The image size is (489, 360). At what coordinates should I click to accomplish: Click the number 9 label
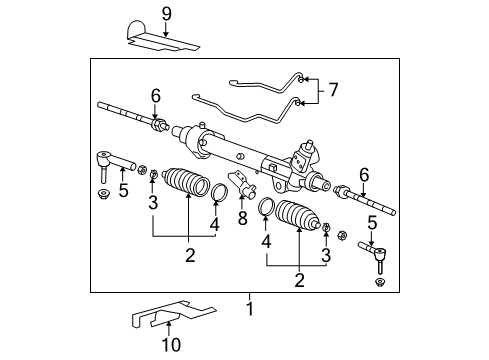point(167,14)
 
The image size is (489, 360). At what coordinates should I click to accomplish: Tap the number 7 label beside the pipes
point(333,91)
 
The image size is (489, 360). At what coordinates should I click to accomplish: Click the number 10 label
point(168,343)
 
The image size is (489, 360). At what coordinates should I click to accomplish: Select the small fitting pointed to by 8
point(243,185)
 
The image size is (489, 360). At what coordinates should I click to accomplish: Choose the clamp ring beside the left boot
point(218,192)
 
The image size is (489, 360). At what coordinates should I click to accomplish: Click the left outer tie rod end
point(107,160)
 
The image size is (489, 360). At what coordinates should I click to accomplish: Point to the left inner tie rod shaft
point(125,112)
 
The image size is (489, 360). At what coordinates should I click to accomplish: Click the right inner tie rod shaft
point(370,201)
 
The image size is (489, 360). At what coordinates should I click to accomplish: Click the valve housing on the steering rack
point(305,160)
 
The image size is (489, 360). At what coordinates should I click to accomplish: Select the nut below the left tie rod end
point(104,193)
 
